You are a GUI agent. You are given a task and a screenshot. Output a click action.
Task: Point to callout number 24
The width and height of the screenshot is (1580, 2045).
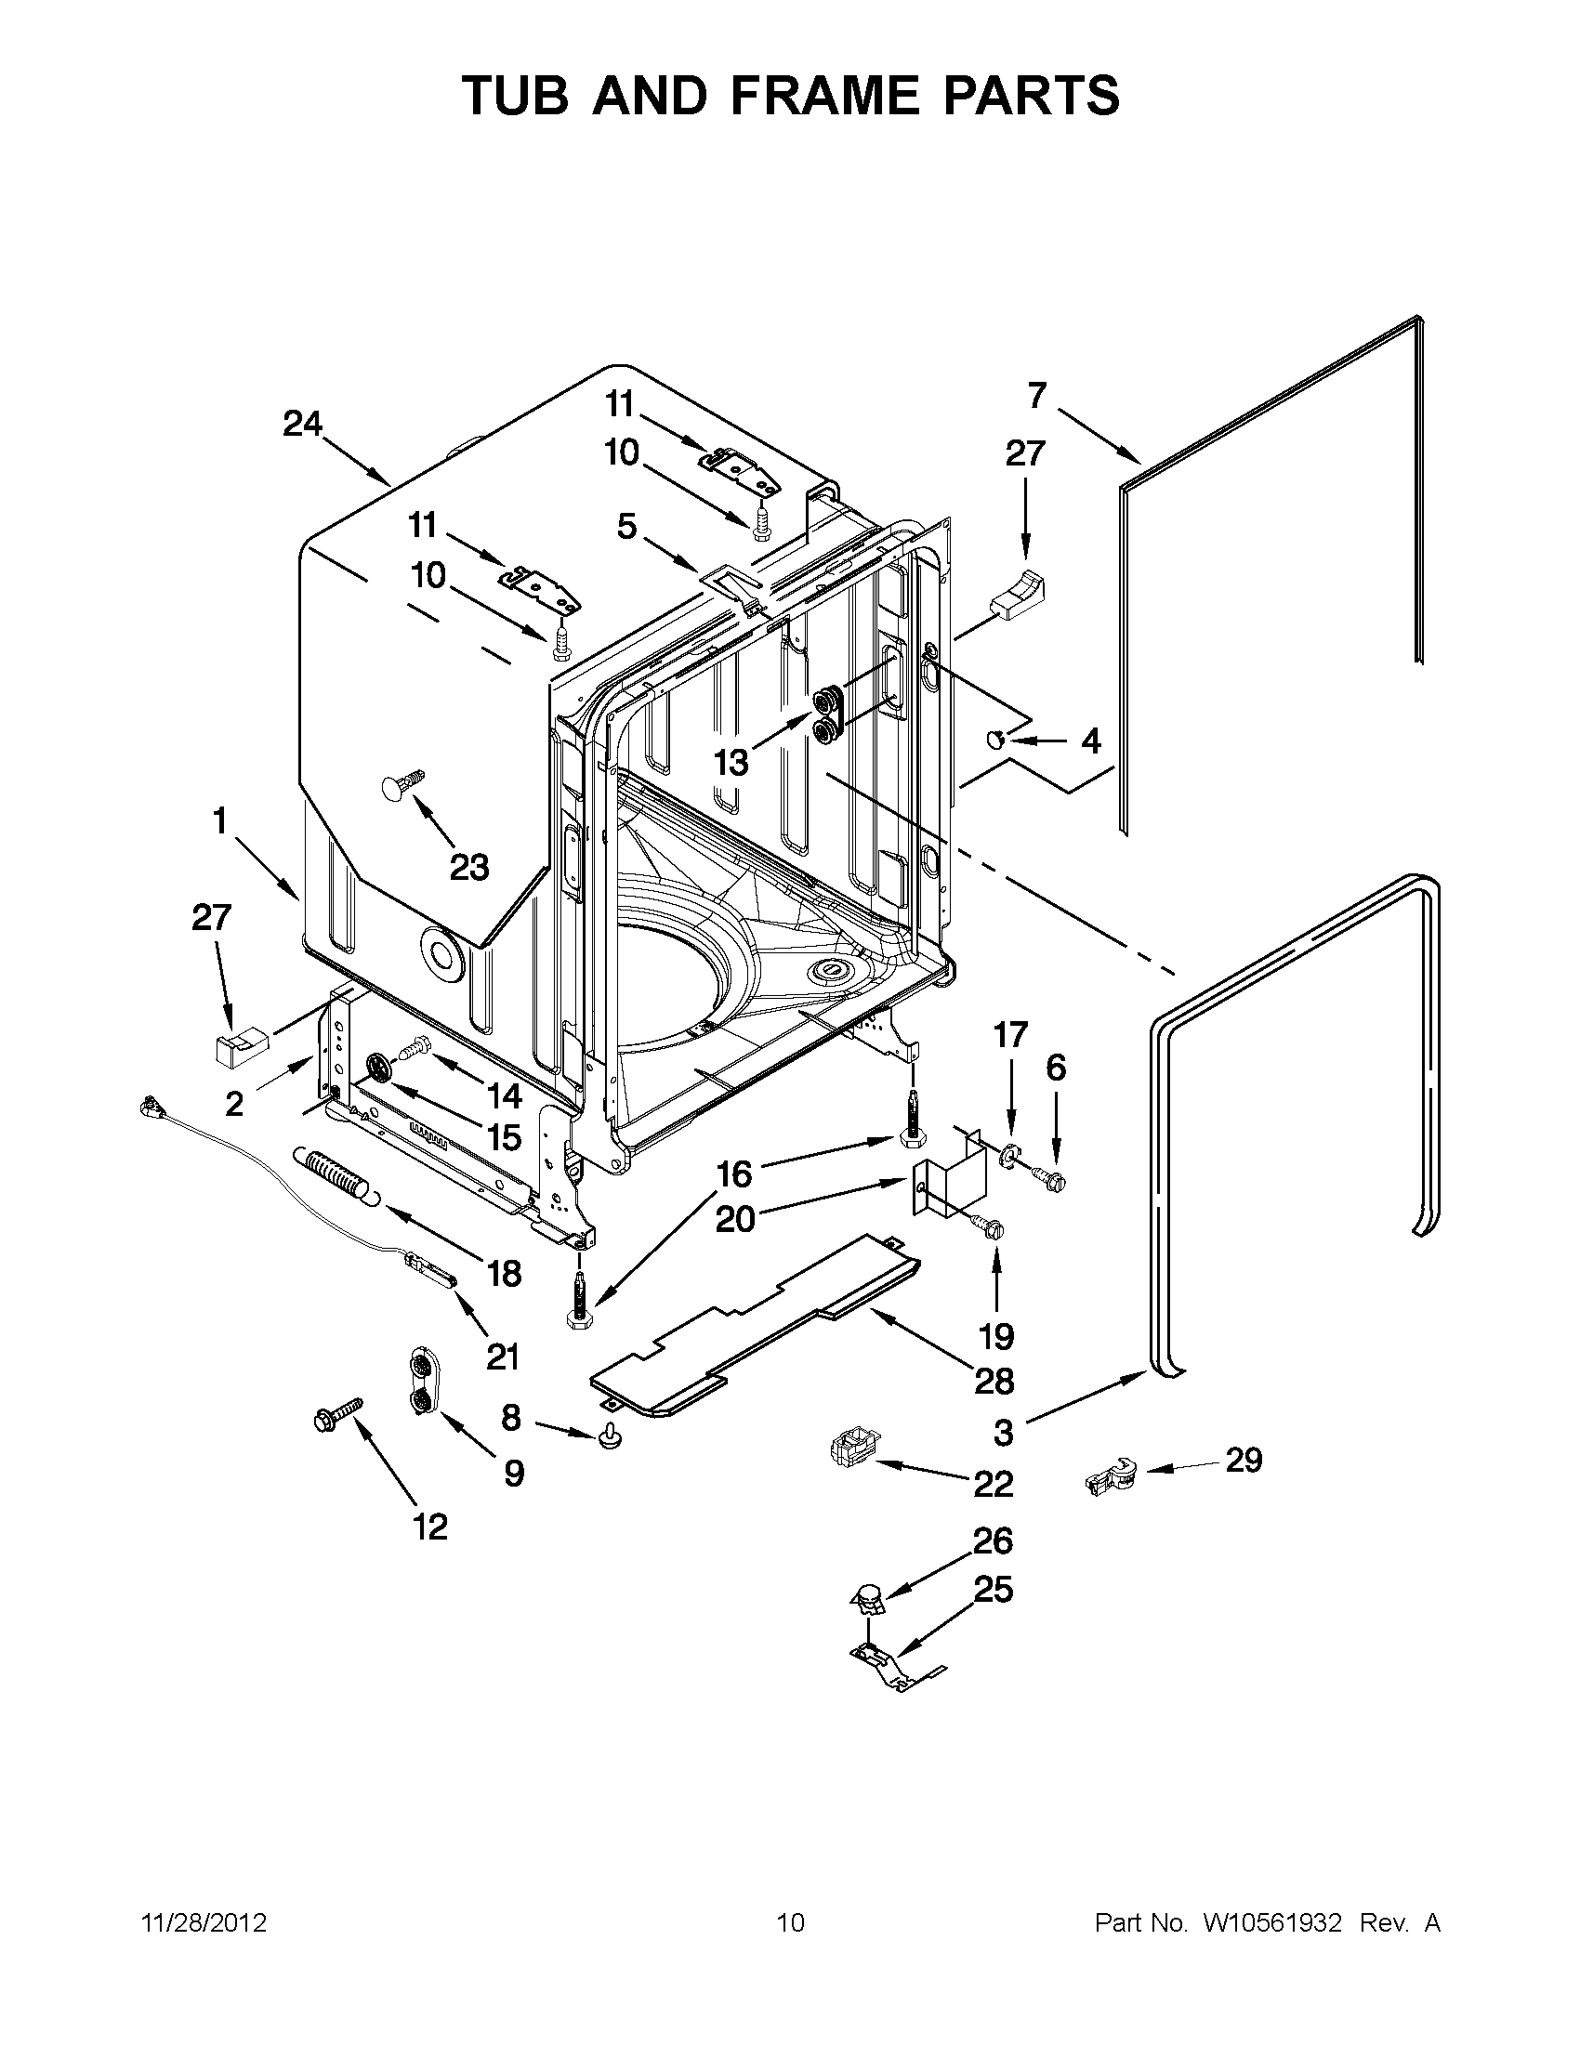pyautogui.click(x=302, y=425)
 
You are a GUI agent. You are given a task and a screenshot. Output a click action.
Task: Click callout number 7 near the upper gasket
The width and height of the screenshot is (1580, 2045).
pyautogui.click(x=1036, y=396)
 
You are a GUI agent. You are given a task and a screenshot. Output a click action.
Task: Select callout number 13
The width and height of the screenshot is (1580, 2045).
pyautogui.click(x=731, y=763)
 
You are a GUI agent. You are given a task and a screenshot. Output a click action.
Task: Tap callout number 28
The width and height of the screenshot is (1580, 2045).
pyautogui.click(x=994, y=1380)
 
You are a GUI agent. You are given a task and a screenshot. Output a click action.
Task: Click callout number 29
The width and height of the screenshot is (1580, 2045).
pyautogui.click(x=1243, y=1460)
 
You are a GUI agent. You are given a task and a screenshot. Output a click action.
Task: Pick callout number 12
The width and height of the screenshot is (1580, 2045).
pyautogui.click(x=430, y=1527)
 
